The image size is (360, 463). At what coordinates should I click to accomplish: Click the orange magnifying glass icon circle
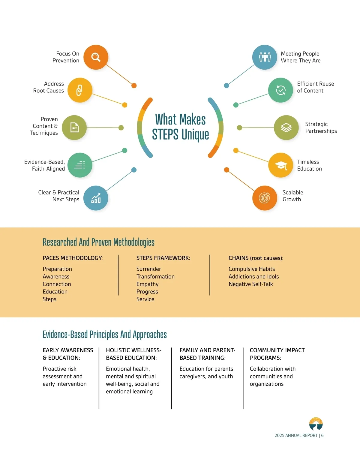pyautogui.click(x=96, y=57)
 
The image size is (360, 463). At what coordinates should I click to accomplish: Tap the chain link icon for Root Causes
pyautogui.click(x=80, y=90)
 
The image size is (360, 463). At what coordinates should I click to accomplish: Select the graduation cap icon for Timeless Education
pyautogui.click(x=280, y=165)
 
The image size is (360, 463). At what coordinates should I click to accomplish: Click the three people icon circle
pyautogui.click(x=265, y=57)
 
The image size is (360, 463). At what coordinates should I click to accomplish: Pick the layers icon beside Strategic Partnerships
pyautogui.click(x=286, y=128)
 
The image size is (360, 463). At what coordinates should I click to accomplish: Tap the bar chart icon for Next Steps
pyautogui.click(x=96, y=198)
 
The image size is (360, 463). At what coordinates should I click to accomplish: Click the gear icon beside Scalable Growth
pyautogui.click(x=265, y=198)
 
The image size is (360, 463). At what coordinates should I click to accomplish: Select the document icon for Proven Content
pyautogui.click(x=74, y=128)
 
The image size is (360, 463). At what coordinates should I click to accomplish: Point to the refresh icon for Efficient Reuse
pyautogui.click(x=280, y=90)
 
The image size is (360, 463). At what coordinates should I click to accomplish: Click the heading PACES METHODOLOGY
pyautogui.click(x=73, y=258)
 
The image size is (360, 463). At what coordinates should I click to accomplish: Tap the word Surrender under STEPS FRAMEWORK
pyautogui.click(x=149, y=269)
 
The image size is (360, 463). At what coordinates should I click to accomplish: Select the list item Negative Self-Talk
pyautogui.click(x=251, y=284)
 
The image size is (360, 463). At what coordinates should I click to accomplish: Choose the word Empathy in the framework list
pyautogui.click(x=147, y=284)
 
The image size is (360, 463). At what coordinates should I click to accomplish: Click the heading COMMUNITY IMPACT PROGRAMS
pyautogui.click(x=277, y=354)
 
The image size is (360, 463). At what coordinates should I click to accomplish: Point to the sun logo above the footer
pyautogui.click(x=316, y=424)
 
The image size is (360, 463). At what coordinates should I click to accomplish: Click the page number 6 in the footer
pyautogui.click(x=322, y=435)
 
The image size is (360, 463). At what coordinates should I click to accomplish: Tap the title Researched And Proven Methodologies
pyautogui.click(x=99, y=242)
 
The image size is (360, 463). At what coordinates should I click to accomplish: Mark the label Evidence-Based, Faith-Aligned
pyautogui.click(x=44, y=165)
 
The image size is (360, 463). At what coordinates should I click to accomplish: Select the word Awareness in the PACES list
pyautogui.click(x=56, y=277)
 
